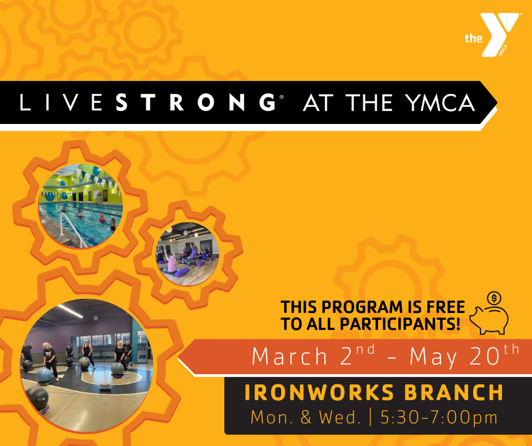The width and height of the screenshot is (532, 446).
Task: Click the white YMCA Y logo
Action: point(499,34)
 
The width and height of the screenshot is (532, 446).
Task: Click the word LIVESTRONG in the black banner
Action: point(148,102)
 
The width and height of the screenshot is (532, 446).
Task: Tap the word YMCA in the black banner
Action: point(441,102)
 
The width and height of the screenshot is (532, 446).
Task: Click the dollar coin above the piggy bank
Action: point(494,298)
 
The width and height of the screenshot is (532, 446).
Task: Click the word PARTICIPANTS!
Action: point(400,324)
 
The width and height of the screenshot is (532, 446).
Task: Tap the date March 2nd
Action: point(313,355)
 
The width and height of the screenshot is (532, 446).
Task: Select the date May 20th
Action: point(464,355)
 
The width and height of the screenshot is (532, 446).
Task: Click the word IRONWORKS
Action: point(319,393)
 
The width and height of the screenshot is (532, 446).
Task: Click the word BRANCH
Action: point(454,393)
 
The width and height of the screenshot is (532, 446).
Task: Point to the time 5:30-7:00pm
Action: point(439,418)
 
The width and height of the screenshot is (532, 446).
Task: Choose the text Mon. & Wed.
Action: point(306,418)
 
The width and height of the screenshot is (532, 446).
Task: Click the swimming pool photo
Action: point(81,206)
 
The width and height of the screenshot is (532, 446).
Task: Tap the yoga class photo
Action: point(187,254)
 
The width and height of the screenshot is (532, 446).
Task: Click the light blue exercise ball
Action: point(45,375)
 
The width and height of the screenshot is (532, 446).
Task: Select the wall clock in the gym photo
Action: point(96,318)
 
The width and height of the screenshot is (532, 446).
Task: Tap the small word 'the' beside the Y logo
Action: point(473,38)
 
